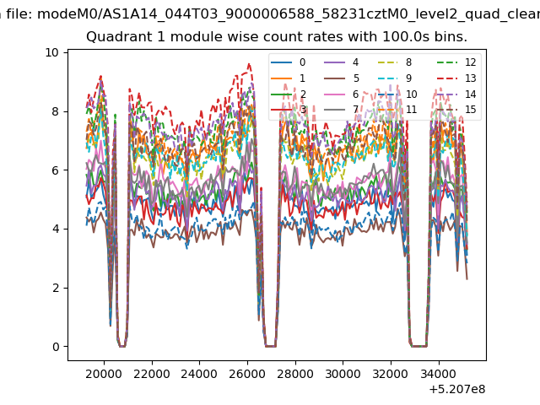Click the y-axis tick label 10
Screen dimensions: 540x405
pos(51,52)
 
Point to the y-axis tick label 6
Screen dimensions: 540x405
pos(56,170)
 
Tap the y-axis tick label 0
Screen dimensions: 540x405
pos(56,347)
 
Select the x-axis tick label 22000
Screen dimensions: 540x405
pos(152,374)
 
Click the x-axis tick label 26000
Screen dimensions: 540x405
pos(247,374)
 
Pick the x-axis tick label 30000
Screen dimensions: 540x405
pos(343,374)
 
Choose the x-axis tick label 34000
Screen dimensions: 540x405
pos(439,374)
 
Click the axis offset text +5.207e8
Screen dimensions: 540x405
pos(457,390)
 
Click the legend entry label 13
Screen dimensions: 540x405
pos(471,78)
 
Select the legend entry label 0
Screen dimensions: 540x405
pos(302,62)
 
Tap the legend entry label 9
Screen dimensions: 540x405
pos(408,78)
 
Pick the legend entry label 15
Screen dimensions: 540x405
pos(471,110)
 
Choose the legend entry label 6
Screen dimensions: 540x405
pos(355,94)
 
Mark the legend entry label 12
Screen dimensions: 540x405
pos(471,62)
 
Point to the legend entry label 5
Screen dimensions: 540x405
pos(356,78)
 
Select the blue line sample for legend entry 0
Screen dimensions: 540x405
pos(281,62)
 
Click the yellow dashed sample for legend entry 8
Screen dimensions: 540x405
pos(388,62)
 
